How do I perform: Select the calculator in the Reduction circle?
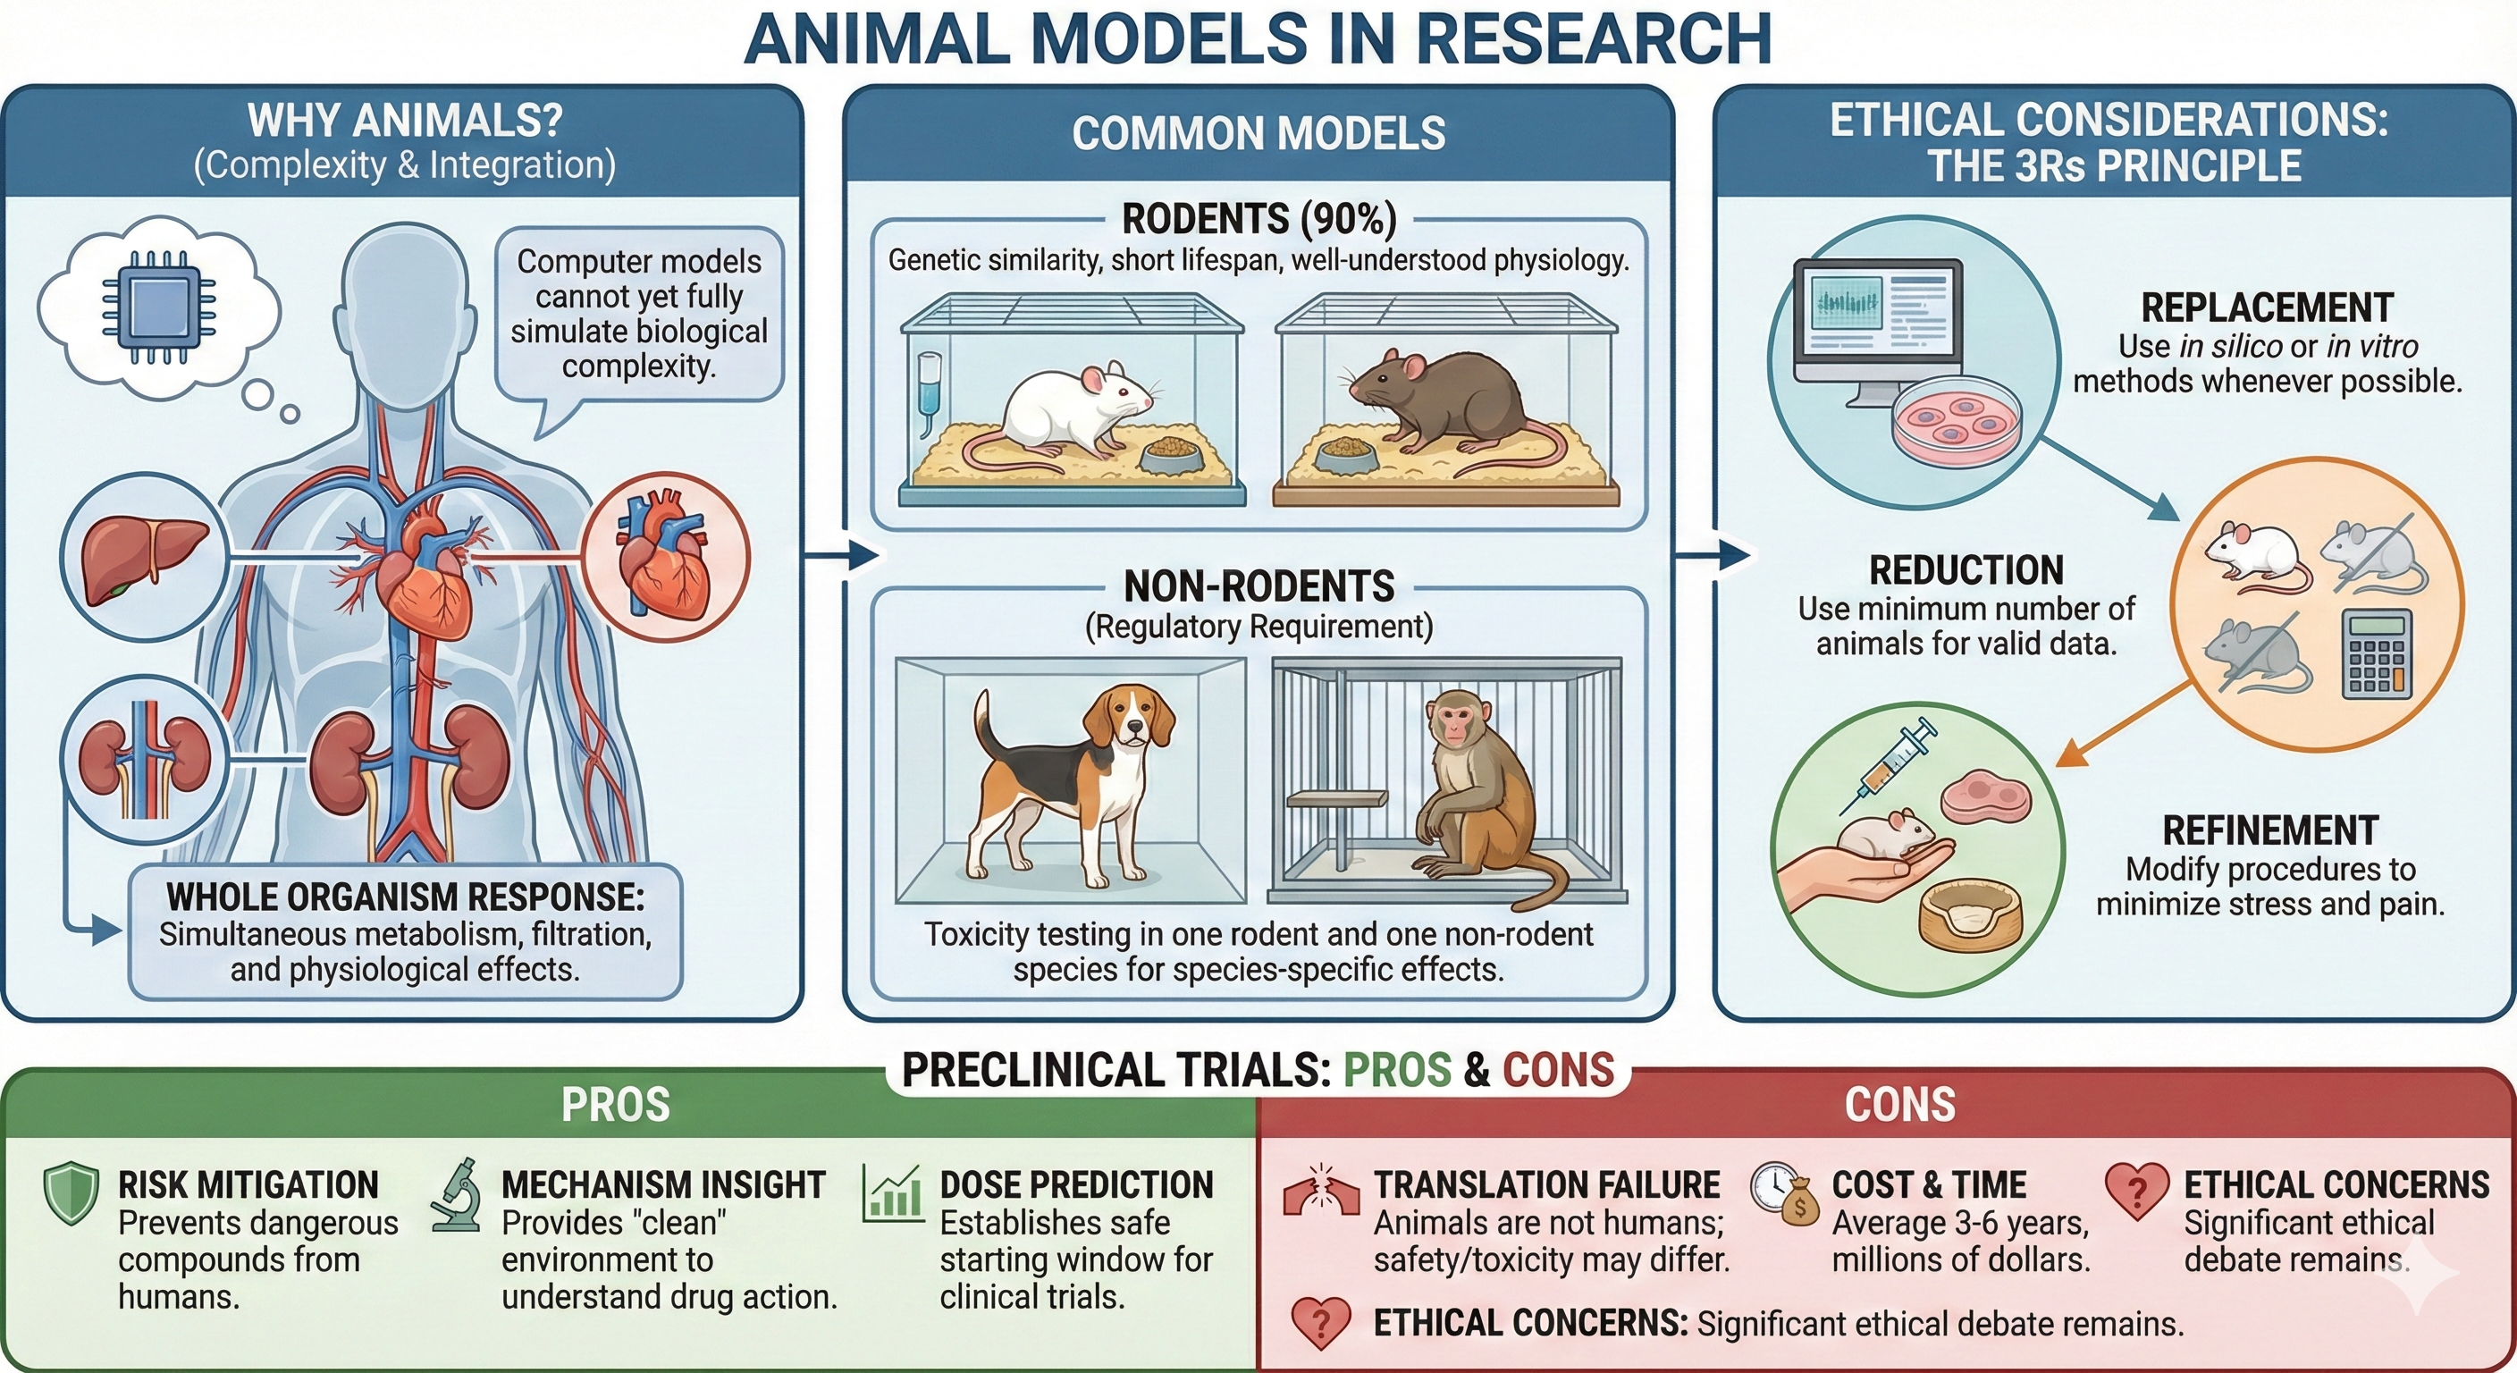click(x=2377, y=653)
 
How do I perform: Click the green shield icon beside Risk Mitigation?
click(x=72, y=1193)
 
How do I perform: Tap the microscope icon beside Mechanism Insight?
click(x=457, y=1195)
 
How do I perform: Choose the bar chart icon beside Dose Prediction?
click(x=892, y=1194)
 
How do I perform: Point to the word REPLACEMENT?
click(x=2267, y=307)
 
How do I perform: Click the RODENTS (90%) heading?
click(x=1258, y=219)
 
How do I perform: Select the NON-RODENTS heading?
click(x=1258, y=586)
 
